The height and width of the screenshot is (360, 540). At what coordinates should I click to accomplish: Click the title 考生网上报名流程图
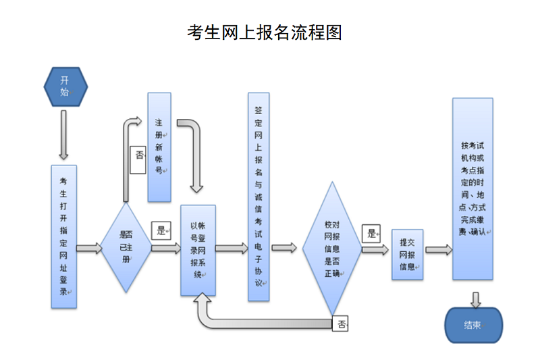coord(265,32)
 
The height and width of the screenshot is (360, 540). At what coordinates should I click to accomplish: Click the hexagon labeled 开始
coord(65,86)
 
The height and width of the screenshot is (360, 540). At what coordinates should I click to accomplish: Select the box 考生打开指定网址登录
coord(64,236)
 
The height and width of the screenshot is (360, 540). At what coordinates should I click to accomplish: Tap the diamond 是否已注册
coord(126,248)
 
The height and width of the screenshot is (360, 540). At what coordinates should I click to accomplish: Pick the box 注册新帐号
coord(159,147)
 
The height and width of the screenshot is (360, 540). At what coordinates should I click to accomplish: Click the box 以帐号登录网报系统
coord(198,250)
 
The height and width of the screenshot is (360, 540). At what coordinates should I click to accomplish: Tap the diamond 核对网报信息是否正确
coord(331,249)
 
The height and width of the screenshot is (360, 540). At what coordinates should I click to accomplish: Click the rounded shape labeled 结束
coord(473,325)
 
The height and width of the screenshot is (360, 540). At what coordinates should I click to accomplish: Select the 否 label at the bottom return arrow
coord(341,324)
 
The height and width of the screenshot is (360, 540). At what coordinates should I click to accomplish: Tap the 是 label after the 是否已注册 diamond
coord(161,230)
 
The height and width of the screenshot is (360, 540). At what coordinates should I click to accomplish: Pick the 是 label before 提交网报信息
coord(371,234)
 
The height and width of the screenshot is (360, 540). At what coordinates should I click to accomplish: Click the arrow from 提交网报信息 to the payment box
coord(439,249)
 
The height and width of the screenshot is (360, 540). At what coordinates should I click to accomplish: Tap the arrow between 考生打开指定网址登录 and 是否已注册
coord(88,249)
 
